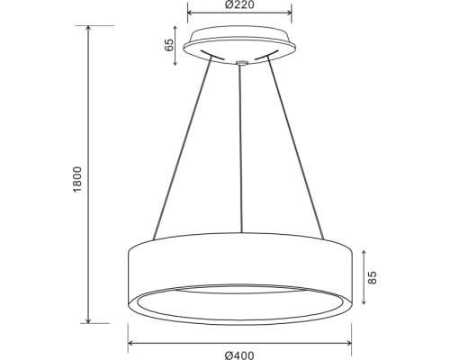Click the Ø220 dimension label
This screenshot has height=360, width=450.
click(238, 5)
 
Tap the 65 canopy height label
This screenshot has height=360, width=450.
click(170, 46)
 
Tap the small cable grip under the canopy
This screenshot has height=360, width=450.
click(240, 63)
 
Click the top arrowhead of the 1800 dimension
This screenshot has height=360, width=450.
click(88, 28)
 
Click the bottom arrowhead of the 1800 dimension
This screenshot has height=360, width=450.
click(88, 319)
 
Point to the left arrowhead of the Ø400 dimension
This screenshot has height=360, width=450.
click(130, 343)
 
